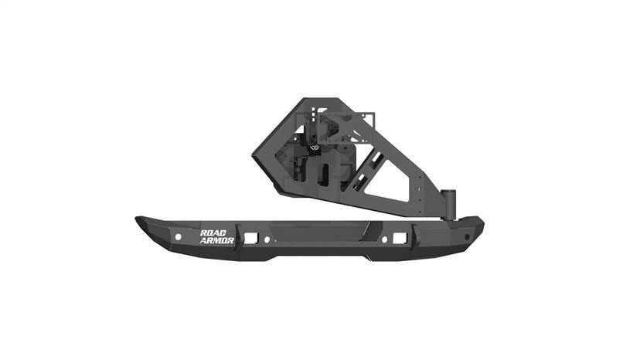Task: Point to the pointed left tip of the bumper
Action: (x=137, y=219)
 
